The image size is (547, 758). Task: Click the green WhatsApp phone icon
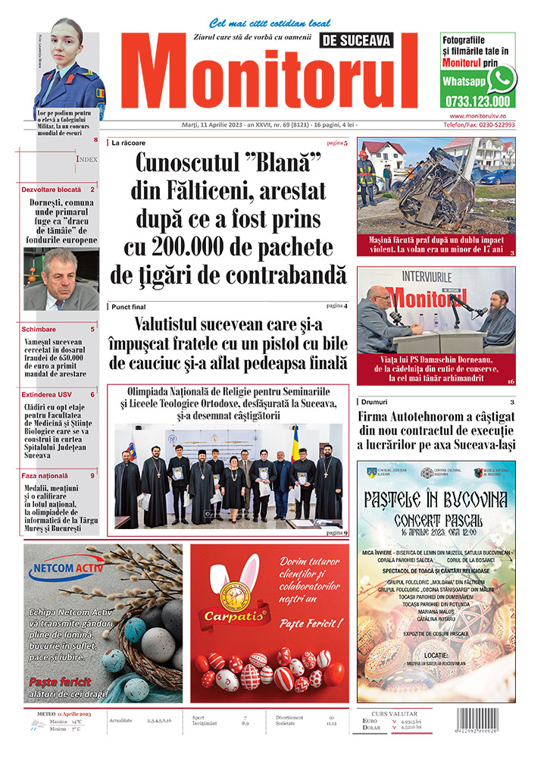pos(502,79)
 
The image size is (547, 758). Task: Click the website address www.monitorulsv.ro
pos(477,115)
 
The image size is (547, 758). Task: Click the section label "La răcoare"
pos(129,143)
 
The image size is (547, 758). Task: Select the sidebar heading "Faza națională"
pos(48,475)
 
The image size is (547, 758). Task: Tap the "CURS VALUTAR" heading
pos(395,713)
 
